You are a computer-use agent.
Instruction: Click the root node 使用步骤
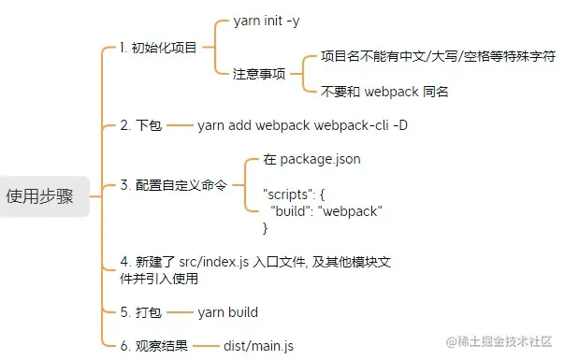pos(39,196)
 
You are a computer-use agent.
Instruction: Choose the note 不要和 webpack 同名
pos(384,91)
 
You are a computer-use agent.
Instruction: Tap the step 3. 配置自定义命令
pos(174,185)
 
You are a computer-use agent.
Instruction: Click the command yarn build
pos(227,311)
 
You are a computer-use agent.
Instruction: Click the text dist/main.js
pos(257,345)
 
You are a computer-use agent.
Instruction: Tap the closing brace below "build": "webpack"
pos(266,228)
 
